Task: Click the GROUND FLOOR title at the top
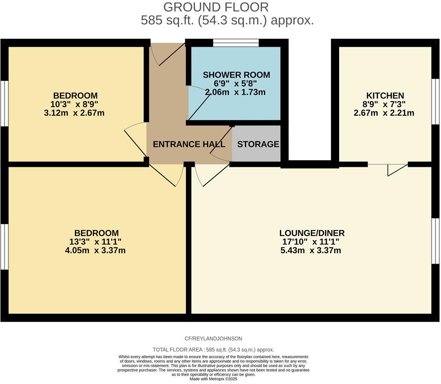[216, 7]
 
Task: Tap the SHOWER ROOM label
[236, 75]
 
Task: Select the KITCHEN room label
[385, 96]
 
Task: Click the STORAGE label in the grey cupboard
[258, 144]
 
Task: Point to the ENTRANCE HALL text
[189, 144]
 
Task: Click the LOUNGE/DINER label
[312, 233]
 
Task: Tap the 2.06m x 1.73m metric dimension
[235, 92]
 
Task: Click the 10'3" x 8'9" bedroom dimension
[75, 104]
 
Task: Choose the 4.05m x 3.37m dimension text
[96, 251]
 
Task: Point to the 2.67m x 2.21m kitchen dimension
[384, 113]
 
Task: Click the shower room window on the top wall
[236, 43]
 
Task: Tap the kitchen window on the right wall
[436, 102]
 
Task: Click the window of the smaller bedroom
[4, 103]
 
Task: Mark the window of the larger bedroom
[4, 246]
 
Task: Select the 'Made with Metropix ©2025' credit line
[213, 379]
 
